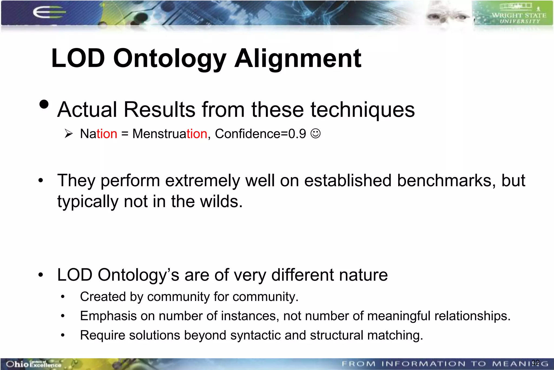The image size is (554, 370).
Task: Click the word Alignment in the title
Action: click(x=298, y=58)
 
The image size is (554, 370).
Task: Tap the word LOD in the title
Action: click(x=78, y=58)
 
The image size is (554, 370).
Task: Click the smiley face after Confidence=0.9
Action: click(x=315, y=134)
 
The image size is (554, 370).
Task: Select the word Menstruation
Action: click(x=170, y=134)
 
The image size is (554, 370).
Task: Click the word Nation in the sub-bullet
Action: click(x=99, y=134)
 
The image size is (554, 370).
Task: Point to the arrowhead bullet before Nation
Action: click(x=69, y=134)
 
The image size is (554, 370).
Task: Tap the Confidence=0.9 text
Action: click(x=260, y=134)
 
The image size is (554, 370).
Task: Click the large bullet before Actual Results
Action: click(x=44, y=104)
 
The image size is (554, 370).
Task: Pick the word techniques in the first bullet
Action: click(x=362, y=110)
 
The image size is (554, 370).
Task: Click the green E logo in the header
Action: click(x=49, y=12)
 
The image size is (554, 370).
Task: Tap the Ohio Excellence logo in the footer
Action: click(x=34, y=364)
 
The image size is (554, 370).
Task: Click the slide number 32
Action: click(x=536, y=362)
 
